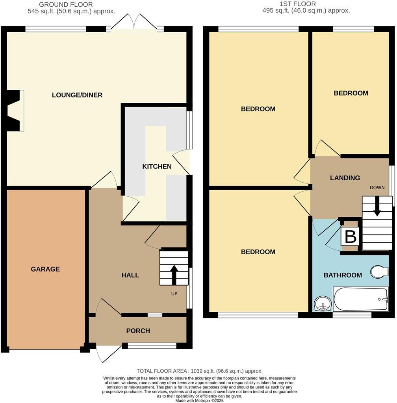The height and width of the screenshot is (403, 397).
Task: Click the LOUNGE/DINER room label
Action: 77,95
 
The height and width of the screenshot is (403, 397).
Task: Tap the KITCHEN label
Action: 157,166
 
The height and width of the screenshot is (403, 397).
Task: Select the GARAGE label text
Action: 45,269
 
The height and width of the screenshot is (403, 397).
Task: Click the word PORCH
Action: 138,331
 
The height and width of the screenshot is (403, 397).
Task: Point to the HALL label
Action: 130,275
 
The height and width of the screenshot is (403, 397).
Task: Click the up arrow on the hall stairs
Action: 174,273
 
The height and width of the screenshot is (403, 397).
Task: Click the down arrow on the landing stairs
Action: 377,207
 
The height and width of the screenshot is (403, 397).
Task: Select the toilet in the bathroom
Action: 379,272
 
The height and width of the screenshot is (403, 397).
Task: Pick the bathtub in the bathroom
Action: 361,299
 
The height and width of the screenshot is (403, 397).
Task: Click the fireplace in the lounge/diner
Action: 15,110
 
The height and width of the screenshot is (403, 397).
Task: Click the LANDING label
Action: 345,178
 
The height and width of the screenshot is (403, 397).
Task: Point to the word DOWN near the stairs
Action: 377,187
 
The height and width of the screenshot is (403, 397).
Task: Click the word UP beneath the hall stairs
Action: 174,294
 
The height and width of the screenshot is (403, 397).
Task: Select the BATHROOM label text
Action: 343,275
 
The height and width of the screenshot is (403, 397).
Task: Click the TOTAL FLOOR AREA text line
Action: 199,371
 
